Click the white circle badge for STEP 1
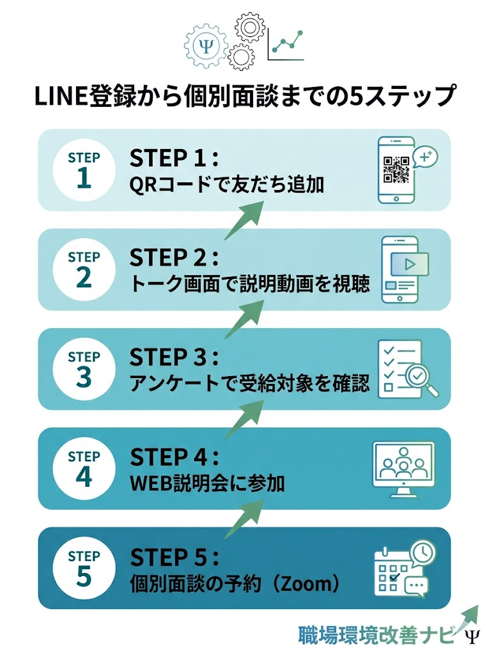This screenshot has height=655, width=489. pos(84,170)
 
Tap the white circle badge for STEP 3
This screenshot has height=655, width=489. pos(84,369)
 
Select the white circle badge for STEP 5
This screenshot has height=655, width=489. pos(84,567)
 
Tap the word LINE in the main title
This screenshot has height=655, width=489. pos(54,97)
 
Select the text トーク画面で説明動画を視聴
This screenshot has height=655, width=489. pos(249,285)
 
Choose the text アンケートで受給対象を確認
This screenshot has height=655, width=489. pos(249,384)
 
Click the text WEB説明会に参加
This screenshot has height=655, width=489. pos(207,484)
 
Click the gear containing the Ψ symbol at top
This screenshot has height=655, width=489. pos(205,45)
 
